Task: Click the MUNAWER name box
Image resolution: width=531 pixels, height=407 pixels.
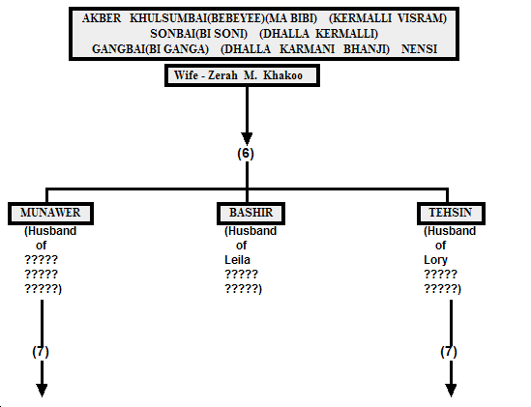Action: tap(50, 214)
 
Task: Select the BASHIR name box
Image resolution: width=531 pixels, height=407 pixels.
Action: tap(251, 214)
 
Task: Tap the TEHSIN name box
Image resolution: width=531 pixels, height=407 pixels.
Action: tap(451, 214)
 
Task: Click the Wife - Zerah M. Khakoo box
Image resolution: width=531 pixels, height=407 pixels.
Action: tap(242, 75)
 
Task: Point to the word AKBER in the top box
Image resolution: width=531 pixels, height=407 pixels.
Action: tap(102, 18)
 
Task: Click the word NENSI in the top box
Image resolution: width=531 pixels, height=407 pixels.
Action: tap(419, 49)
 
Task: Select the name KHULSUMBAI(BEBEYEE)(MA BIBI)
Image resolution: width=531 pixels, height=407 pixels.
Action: tap(223, 18)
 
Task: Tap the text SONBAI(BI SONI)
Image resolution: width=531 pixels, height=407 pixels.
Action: tap(199, 34)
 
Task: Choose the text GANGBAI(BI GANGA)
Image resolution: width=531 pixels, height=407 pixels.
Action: tap(150, 49)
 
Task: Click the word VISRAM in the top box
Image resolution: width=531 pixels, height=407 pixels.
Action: tap(422, 18)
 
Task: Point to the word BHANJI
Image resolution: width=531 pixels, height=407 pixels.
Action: tap(367, 49)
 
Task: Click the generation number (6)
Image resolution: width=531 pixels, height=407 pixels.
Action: tap(246, 154)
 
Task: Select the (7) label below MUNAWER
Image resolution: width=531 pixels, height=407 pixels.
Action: tap(41, 352)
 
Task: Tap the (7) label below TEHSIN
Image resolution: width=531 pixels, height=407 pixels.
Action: tap(449, 352)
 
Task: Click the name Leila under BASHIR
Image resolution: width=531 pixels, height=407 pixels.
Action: tap(237, 260)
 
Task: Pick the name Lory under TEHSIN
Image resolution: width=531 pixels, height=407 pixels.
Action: tap(435, 260)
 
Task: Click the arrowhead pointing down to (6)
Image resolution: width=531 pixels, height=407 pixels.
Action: tap(247, 139)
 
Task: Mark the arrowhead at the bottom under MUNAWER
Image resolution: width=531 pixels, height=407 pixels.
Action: tap(42, 391)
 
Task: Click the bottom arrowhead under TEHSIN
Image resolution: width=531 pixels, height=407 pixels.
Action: tap(451, 391)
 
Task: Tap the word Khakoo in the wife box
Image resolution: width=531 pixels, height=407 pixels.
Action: tap(282, 75)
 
